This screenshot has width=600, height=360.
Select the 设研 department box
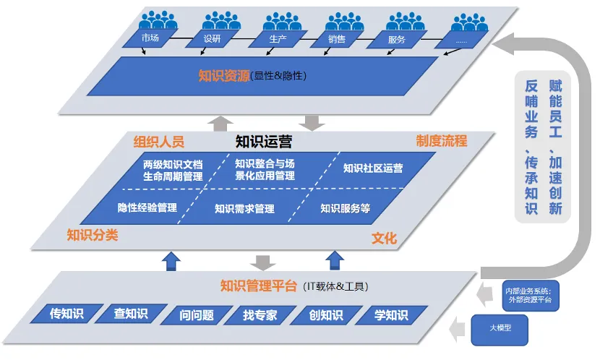213,38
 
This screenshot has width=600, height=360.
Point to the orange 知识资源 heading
223,75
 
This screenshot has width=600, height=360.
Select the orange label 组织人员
159,140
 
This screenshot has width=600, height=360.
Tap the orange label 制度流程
442,140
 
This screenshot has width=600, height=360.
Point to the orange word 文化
384,238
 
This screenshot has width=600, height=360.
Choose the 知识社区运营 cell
373,168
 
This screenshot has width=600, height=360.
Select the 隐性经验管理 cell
147,208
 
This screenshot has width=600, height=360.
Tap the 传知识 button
67,314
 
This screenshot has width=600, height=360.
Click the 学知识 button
390,315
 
